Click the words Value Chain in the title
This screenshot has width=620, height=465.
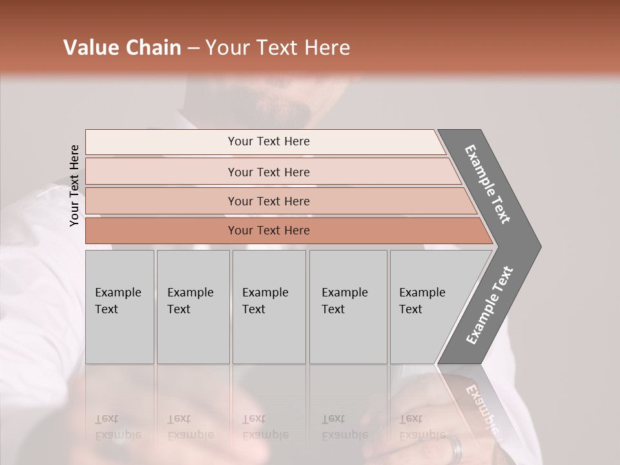122,48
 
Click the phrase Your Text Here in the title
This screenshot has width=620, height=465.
278,48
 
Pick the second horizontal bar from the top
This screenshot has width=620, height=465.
269,172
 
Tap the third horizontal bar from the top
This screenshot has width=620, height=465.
269,201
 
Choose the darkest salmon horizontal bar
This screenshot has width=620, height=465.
269,231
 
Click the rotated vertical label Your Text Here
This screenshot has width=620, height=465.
75,185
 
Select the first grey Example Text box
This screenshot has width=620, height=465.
119,306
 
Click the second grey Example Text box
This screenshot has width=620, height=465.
192,306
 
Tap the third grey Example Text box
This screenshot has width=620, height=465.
269,306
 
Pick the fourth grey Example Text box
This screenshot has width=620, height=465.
347,306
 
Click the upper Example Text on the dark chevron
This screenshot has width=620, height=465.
488,184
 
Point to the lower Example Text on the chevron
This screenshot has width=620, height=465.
490,305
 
